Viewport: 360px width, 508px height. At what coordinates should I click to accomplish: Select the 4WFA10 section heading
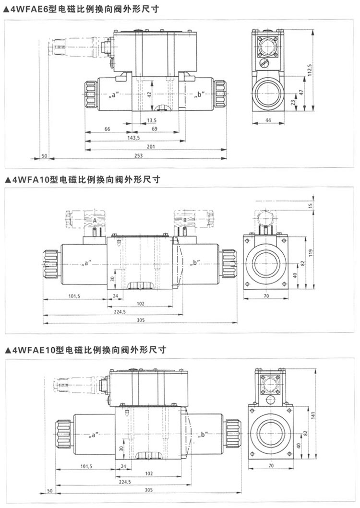point(81,179)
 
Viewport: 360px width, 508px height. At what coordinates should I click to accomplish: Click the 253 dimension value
point(139,156)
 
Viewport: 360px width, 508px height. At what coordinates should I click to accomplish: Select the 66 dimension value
point(108,129)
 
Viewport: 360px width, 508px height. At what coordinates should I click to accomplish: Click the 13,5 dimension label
point(152,120)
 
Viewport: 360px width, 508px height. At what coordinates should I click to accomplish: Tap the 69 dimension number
point(155,129)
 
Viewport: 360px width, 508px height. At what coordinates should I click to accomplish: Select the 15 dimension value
point(311,205)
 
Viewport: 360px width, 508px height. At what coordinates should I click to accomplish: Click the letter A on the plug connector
point(95,220)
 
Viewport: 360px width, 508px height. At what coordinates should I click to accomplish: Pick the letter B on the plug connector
point(185,220)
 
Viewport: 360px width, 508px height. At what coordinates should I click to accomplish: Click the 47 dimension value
point(301,92)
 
